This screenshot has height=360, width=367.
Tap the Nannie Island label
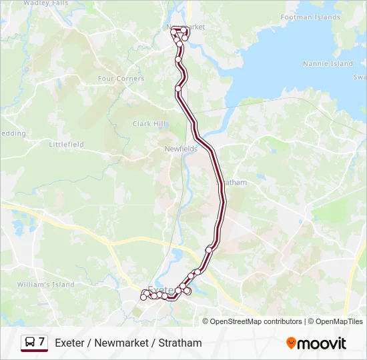pyautogui.click(x=328, y=64)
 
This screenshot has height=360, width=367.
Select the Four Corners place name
pyautogui.click(x=121, y=79)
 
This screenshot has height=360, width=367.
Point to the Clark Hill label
pyautogui.click(x=149, y=124)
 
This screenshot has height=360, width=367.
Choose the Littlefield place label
pyautogui.click(x=66, y=144)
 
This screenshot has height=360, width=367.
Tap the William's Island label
pyautogui.click(x=45, y=285)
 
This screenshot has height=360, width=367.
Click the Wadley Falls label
pyautogui.click(x=45, y=3)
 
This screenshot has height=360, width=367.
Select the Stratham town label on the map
pyautogui.click(x=235, y=182)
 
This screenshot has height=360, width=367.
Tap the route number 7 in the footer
pyautogui.click(x=42, y=343)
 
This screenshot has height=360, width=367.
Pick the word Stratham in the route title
pyautogui.click(x=180, y=343)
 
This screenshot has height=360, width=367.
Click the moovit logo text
pyautogui.click(x=322, y=343)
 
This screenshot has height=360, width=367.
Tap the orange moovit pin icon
pyautogui.click(x=291, y=343)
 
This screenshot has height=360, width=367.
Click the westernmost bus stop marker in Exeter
pyautogui.click(x=143, y=297)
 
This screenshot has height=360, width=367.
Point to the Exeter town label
pyautogui.click(x=160, y=290)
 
